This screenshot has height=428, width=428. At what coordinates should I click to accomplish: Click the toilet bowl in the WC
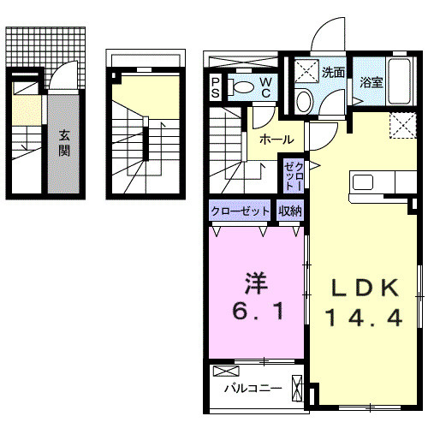[x=243, y=86]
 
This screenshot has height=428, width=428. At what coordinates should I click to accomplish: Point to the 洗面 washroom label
[x=334, y=73]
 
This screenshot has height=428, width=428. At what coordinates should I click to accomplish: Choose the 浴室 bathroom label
[x=370, y=83]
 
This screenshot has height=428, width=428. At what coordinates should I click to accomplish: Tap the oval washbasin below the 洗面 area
[x=305, y=100]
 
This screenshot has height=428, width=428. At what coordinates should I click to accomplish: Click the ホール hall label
[x=276, y=140]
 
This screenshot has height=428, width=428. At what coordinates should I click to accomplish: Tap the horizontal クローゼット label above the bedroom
[x=241, y=211]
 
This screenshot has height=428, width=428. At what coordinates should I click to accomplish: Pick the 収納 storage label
[x=289, y=211]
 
